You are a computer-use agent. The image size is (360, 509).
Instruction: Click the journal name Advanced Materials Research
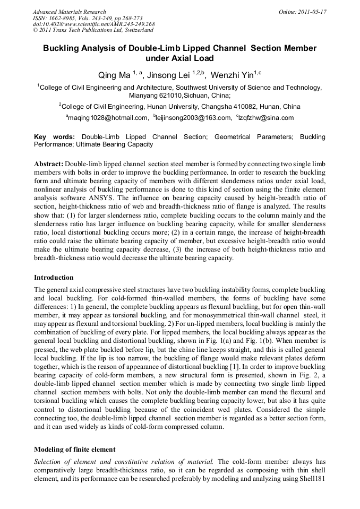[69, 12]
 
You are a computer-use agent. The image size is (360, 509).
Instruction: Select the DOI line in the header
[93, 24]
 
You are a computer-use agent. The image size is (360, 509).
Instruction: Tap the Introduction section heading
[54, 278]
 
